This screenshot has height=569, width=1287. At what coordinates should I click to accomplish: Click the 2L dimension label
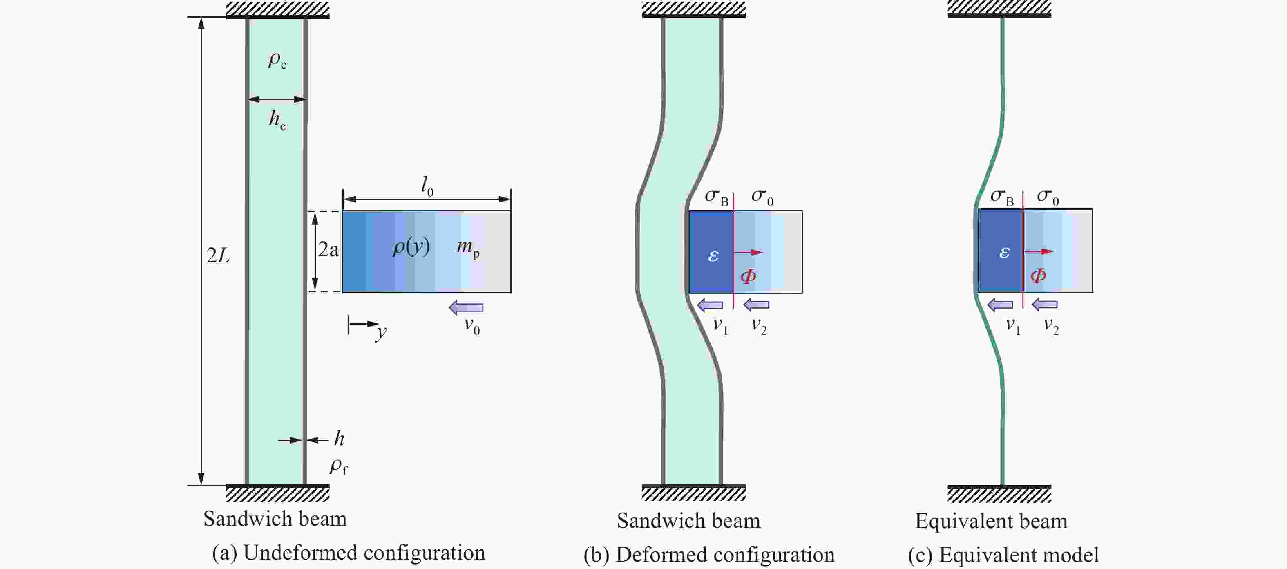pyautogui.click(x=218, y=255)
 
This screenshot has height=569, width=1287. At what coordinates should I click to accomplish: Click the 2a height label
pyautogui.click(x=328, y=249)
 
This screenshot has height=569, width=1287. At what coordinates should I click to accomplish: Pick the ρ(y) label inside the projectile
pyautogui.click(x=411, y=246)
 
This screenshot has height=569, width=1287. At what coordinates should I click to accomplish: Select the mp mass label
pyautogui.click(x=468, y=246)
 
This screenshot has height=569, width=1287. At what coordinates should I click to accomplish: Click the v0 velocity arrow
pyautogui.click(x=466, y=307)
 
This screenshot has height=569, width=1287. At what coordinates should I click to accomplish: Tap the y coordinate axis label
pyautogui.click(x=382, y=332)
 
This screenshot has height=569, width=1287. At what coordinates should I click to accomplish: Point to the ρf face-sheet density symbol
pyautogui.click(x=338, y=466)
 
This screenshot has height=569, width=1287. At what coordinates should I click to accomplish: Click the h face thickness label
pyautogui.click(x=339, y=439)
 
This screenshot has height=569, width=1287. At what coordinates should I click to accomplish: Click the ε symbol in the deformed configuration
pyautogui.click(x=713, y=256)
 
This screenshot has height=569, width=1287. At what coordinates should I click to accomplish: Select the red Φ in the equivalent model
pyautogui.click(x=1038, y=276)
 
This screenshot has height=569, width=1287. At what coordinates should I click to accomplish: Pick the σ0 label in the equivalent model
pyautogui.click(x=1048, y=197)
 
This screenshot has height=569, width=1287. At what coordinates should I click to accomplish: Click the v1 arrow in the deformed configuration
pyautogui.click(x=710, y=305)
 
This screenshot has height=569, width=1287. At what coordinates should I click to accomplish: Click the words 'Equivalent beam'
pyautogui.click(x=991, y=521)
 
